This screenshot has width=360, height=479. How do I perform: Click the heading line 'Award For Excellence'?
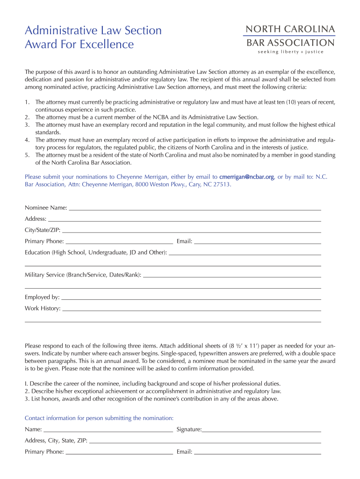pos(79,44)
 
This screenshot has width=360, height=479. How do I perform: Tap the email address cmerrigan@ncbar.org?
pos(247,177)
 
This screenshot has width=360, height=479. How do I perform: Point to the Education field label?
pos(95,253)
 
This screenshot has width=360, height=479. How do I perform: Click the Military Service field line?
pos(231,276)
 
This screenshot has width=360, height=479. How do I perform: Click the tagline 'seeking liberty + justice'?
pos(290,52)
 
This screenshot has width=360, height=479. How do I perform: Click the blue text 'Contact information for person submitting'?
pos(99,418)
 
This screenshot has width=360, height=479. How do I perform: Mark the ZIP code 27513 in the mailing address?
pos(221,185)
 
